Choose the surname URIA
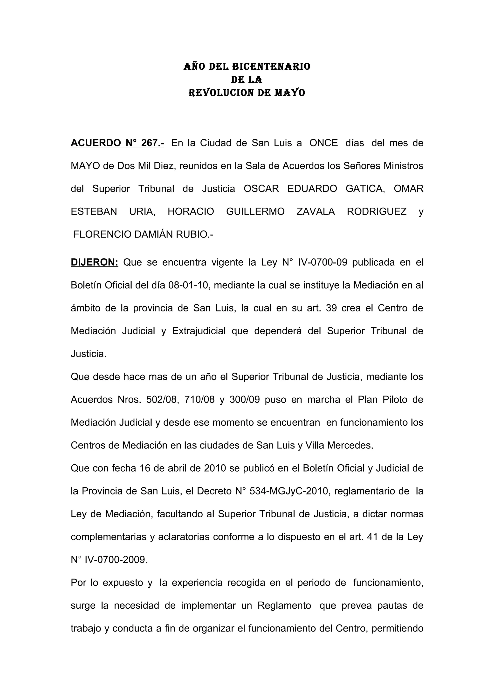point(142,211)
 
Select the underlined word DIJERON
point(94,262)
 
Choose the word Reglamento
point(284,605)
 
